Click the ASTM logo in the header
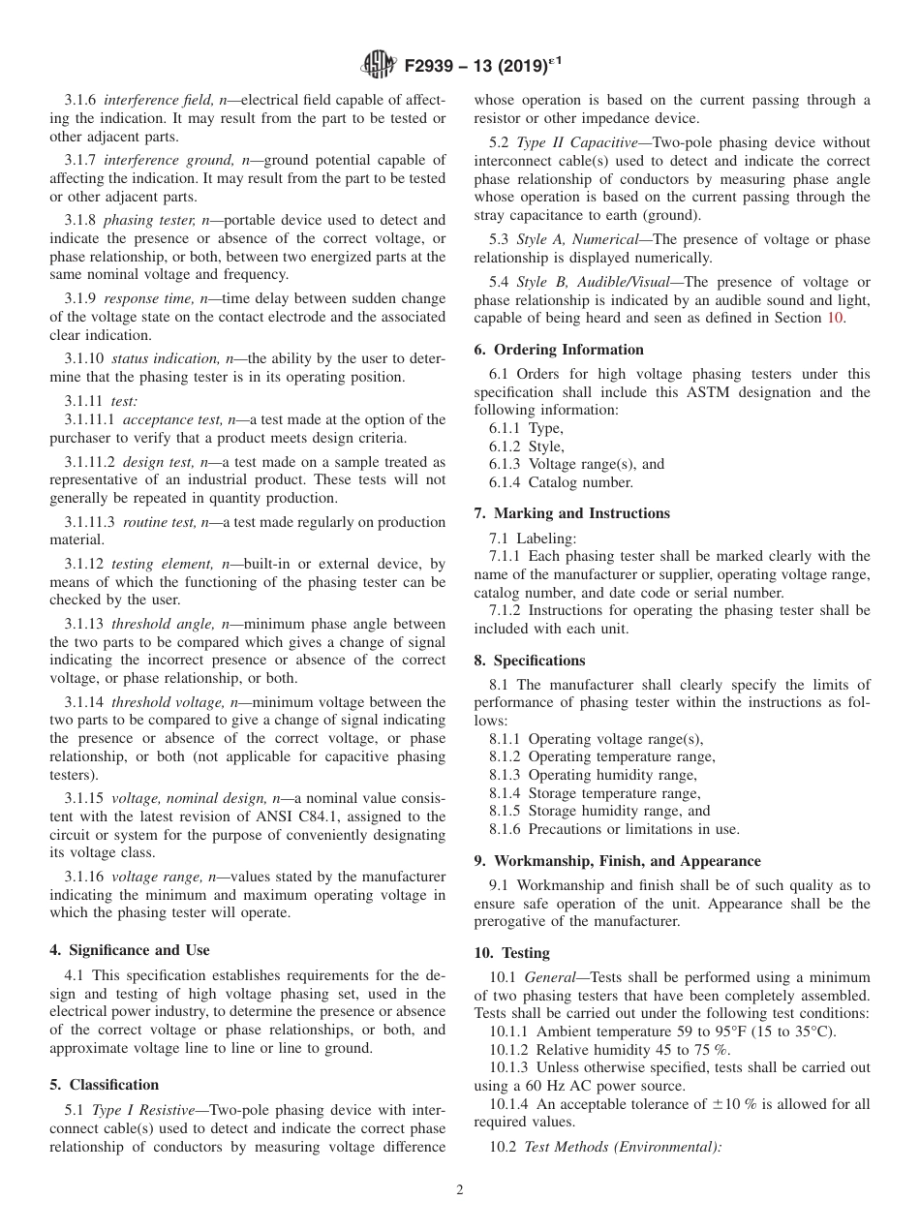tap(378, 65)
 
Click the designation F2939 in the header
tap(430, 66)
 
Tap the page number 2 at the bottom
tap(460, 1190)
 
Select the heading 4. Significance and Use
tap(130, 950)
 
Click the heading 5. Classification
tap(105, 1085)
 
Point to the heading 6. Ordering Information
tap(559, 350)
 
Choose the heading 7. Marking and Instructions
tap(571, 513)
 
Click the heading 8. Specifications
tap(530, 661)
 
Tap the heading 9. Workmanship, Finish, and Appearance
tap(617, 861)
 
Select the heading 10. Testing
tap(511, 953)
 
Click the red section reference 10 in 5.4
tap(836, 319)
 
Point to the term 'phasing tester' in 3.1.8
tap(145, 221)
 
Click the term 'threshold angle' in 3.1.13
tap(156, 624)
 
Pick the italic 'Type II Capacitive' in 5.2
tap(572, 142)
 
